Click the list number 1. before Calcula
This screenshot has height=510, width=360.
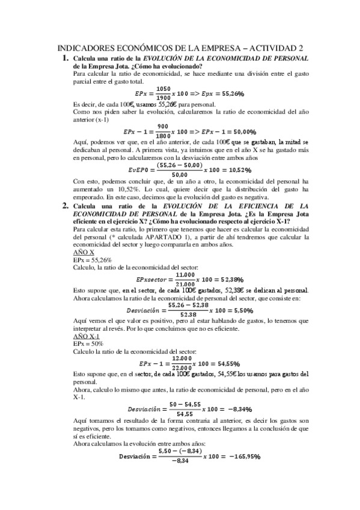click(x=66, y=58)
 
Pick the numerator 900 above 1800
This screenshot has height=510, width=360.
click(x=162, y=127)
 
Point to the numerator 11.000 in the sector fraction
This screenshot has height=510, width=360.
click(x=185, y=275)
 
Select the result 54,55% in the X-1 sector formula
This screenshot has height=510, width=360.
click(x=227, y=364)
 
